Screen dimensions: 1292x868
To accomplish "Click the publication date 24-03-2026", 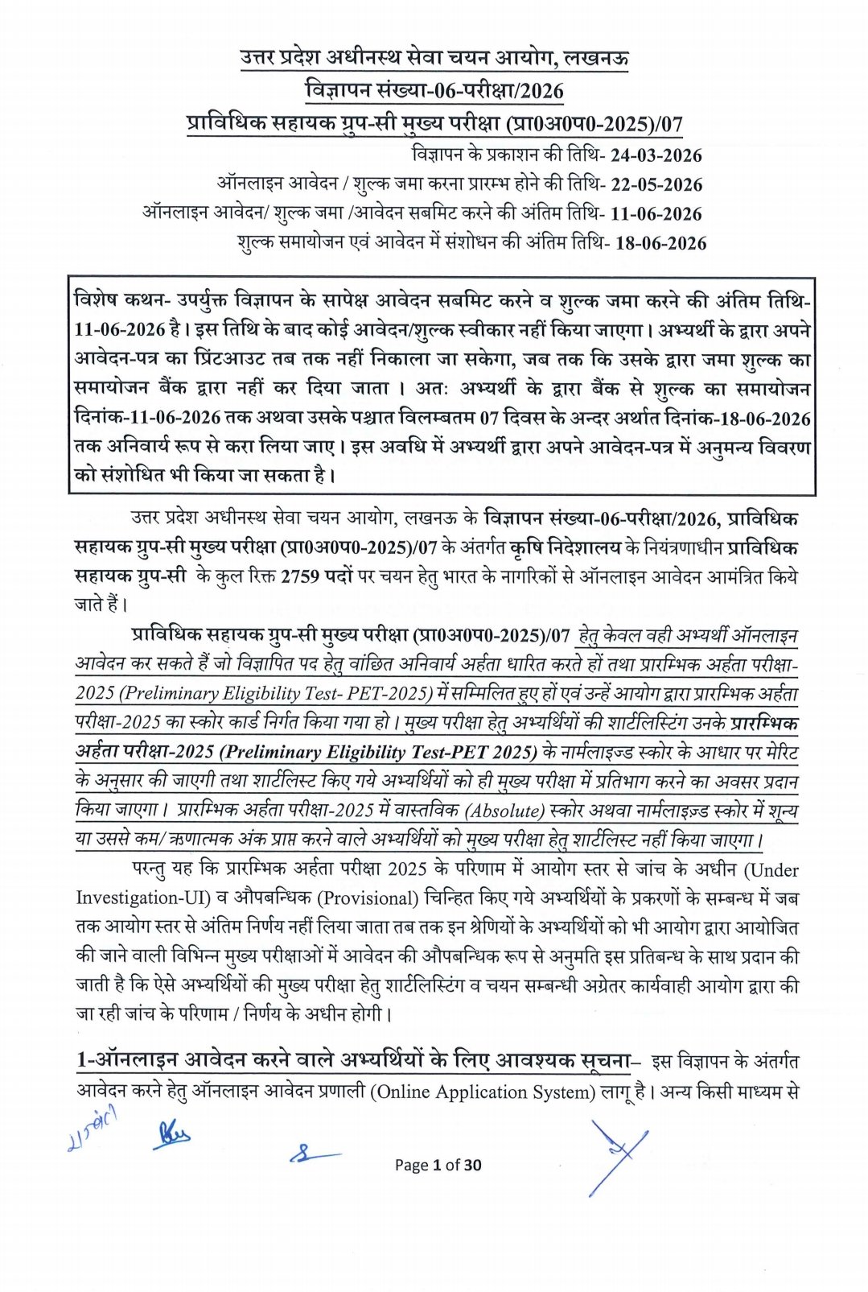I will pyautogui.click(x=656, y=155).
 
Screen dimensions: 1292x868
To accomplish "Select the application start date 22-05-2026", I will pyautogui.click(x=656, y=184).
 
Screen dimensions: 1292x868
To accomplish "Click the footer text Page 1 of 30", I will pyautogui.click(x=438, y=1165).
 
